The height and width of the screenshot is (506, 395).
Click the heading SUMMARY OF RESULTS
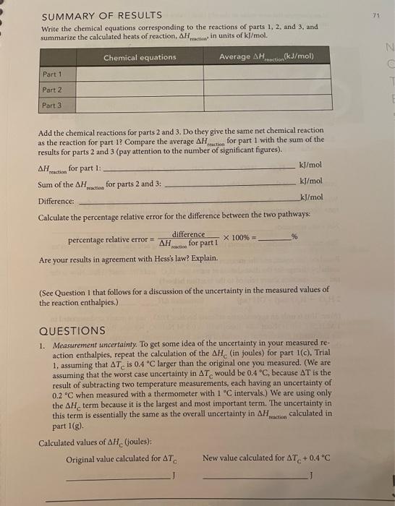(x=93, y=17)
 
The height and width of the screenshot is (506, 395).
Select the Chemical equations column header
(x=139, y=57)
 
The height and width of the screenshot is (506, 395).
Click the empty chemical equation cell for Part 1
(x=139, y=73)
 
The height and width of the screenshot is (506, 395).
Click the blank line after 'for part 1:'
(x=195, y=168)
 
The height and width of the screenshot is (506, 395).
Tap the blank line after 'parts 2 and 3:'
(x=232, y=183)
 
